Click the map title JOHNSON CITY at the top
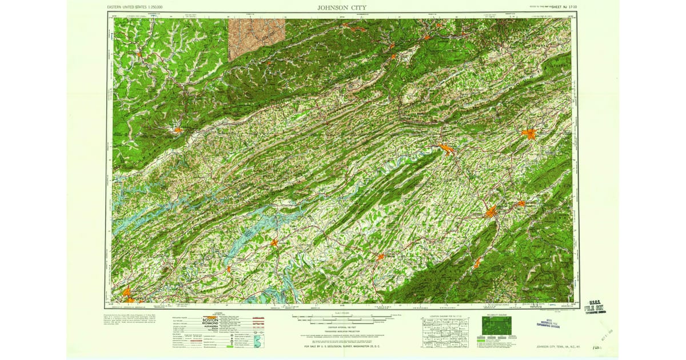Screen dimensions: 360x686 pyautogui.click(x=342, y=7)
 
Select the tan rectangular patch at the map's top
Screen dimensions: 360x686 pyautogui.click(x=256, y=38)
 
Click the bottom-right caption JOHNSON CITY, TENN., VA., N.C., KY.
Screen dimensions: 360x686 pyautogui.click(x=564, y=346)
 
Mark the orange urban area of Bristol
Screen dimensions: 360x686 pyautogui.click(x=528, y=134)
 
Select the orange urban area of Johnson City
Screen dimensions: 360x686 pyautogui.click(x=490, y=213)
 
